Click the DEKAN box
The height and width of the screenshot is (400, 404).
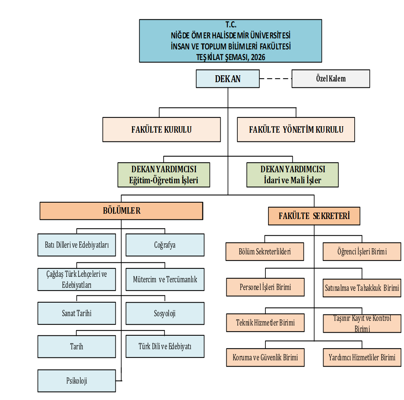click(228, 79)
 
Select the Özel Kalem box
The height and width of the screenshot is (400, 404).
click(331, 79)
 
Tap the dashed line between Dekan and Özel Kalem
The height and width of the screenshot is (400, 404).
click(276, 79)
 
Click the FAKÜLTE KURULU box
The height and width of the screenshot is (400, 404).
click(161, 130)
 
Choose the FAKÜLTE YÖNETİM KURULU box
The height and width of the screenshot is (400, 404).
click(296, 130)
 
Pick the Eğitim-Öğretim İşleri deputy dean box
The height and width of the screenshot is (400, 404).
click(164, 175)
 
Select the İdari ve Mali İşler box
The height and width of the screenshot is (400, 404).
click(292, 175)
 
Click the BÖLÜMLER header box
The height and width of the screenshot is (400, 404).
click(121, 211)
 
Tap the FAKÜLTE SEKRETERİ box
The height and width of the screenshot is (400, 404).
click(314, 216)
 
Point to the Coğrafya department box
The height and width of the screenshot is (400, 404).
click(165, 245)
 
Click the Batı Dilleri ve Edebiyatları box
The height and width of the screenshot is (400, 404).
click(77, 245)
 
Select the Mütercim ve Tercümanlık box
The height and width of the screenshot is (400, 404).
click(165, 279)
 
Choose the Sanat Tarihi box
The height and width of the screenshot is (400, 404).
click(77, 313)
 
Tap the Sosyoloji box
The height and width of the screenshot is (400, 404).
click(165, 314)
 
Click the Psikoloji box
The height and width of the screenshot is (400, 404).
click(77, 381)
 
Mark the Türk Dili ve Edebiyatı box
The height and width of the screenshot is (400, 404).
click(165, 346)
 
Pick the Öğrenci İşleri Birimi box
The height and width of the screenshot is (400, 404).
click(362, 251)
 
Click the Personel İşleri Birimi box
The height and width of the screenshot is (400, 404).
click(265, 287)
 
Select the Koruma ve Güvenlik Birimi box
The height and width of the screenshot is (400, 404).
click(265, 357)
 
